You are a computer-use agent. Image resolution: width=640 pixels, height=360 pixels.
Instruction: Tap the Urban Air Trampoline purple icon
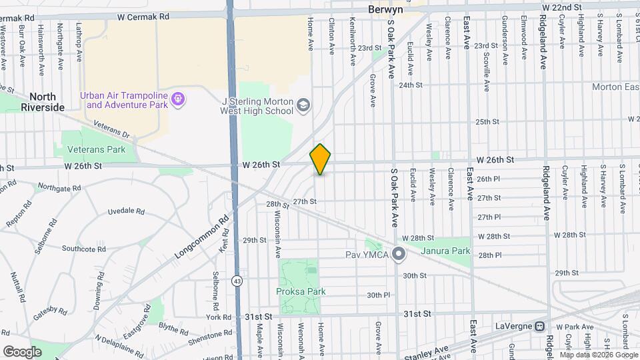pyautogui.click(x=178, y=99)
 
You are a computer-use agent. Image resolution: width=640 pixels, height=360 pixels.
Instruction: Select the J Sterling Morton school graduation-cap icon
pyautogui.click(x=303, y=105)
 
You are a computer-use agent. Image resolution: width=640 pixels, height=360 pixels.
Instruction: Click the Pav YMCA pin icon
pyautogui.click(x=399, y=254)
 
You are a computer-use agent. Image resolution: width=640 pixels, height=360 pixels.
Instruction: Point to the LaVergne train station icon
pyautogui.click(x=540, y=327)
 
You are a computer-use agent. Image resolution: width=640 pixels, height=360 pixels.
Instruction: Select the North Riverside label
pyautogui.click(x=42, y=101)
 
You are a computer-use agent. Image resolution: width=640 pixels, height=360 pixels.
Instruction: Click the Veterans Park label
pyautogui.click(x=94, y=149)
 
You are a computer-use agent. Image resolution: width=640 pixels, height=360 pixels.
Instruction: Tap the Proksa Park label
pyautogui.click(x=300, y=291)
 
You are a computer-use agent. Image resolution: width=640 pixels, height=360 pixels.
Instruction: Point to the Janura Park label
pyautogui.click(x=445, y=251)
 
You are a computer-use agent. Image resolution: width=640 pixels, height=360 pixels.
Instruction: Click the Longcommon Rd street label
pyautogui.click(x=202, y=237)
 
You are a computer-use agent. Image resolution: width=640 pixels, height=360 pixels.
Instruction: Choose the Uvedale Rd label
pyautogui.click(x=127, y=211)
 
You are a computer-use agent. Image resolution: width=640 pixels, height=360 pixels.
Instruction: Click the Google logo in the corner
pyautogui.click(x=22, y=351)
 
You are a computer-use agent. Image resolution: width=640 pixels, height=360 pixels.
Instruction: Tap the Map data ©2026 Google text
pyautogui.click(x=598, y=355)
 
